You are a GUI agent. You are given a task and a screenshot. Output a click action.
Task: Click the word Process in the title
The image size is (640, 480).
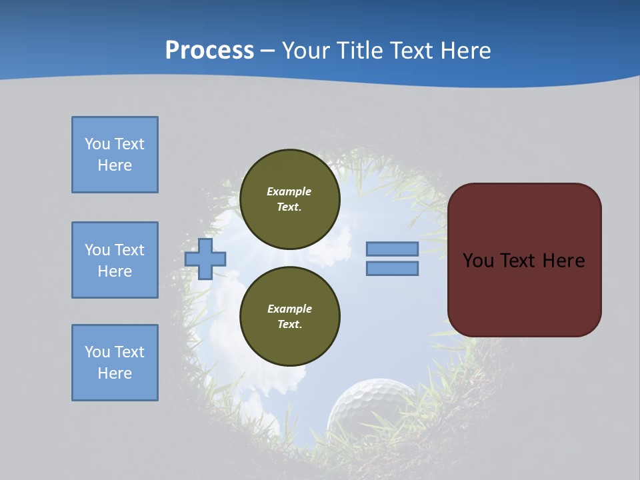[x=209, y=51]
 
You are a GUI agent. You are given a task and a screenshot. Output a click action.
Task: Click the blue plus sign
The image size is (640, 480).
[x=205, y=259]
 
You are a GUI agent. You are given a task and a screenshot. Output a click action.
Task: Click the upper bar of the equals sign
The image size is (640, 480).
[x=392, y=249]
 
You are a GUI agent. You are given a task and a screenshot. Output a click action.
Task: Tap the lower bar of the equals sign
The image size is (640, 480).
[x=392, y=269]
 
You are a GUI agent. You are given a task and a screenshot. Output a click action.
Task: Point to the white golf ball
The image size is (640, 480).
[x=370, y=407]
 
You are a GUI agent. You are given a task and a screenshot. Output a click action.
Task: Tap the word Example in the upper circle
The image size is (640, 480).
[x=289, y=191]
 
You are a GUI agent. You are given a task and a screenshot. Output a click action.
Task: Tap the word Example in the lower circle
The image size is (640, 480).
[x=289, y=309]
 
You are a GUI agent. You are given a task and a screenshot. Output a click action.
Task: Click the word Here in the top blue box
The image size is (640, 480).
[x=115, y=165]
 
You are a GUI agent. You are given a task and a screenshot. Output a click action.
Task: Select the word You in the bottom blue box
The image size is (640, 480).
[x=97, y=352]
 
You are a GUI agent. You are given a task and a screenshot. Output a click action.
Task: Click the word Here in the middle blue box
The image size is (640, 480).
[x=115, y=271]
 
